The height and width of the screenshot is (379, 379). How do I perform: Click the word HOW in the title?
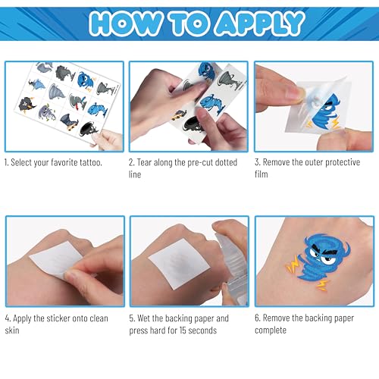tap(126, 23)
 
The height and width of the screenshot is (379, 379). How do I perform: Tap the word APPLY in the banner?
tap(260, 23)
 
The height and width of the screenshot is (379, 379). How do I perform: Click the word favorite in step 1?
tap(64, 162)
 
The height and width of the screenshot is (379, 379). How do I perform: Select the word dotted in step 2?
tap(226, 162)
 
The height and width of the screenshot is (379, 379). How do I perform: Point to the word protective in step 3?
tap(343, 162)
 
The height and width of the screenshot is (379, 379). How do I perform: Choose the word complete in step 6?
tap(271, 330)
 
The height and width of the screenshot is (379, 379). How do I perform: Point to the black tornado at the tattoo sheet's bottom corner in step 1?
tap(89, 128)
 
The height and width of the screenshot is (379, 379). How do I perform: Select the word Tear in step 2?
tap(144, 162)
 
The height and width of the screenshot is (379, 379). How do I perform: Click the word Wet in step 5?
tap(144, 318)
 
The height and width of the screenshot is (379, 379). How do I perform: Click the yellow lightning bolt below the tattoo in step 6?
tap(322, 285)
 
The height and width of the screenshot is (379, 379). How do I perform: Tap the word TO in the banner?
tap(189, 23)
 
